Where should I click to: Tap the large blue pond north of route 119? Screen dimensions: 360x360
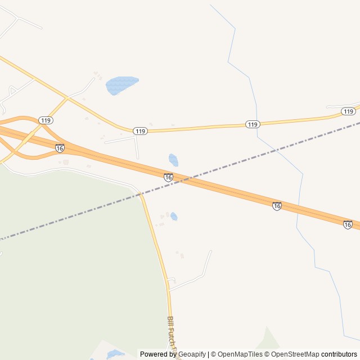pos(120,84)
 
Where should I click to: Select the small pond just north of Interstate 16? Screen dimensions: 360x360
pos(173,160)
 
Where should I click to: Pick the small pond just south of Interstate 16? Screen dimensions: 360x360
pos(174,217)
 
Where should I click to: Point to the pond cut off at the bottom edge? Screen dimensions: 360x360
pos(115,354)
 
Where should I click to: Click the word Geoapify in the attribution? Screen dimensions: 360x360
pos(190,354)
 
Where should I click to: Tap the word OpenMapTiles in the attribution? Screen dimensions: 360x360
pos(240,354)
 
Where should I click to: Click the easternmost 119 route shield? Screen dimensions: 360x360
pos(348,111)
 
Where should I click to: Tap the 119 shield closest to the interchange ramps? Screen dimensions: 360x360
pos(46,120)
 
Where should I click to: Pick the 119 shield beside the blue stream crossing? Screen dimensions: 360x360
pos(253,124)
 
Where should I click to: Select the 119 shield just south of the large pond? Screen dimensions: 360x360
pos(140,131)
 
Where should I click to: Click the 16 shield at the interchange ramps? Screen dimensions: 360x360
pos(60,148)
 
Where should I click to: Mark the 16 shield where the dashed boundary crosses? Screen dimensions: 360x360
pos(168,177)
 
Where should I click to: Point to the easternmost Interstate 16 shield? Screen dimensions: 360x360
pos(348,224)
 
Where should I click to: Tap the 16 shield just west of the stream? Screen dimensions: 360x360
pos(277,206)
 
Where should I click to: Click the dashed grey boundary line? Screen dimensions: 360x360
pos(84,211)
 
